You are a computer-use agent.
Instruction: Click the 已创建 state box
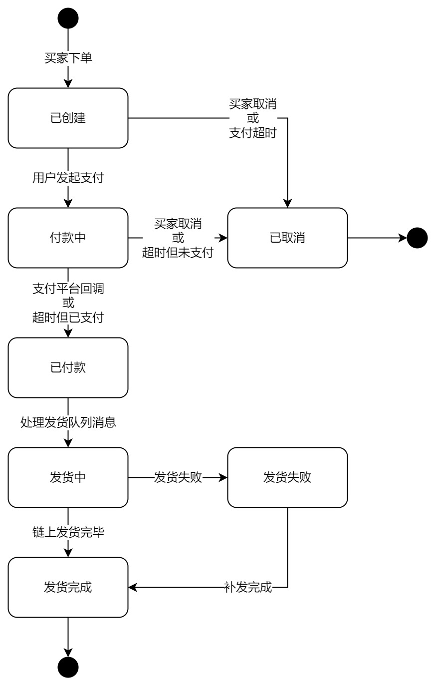tap(68, 118)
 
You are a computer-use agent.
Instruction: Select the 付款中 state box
tap(68, 238)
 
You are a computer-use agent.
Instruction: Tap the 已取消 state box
tap(287, 238)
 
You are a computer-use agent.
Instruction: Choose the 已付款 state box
tap(68, 367)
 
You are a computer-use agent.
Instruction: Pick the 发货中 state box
tap(68, 477)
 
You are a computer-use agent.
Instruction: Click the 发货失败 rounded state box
tap(287, 477)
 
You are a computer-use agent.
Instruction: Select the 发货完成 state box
tap(68, 587)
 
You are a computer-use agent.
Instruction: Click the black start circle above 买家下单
tap(68, 18)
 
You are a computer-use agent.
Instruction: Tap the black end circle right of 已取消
tap(417, 238)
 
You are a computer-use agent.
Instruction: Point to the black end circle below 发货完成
tap(68, 667)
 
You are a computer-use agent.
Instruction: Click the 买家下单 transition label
tap(68, 58)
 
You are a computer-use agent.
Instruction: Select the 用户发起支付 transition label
tap(68, 178)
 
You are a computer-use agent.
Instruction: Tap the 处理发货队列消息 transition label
tap(68, 422)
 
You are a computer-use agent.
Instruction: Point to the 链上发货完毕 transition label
tap(68, 532)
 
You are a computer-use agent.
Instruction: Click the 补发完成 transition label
tap(248, 587)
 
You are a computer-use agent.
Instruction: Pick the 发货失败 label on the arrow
tap(178, 477)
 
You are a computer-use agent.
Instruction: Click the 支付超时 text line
tap(252, 133)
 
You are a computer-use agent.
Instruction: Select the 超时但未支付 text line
tap(178, 253)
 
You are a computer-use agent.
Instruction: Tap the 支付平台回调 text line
tap(68, 289)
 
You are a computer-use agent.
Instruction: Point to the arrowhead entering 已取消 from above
tap(287, 203)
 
